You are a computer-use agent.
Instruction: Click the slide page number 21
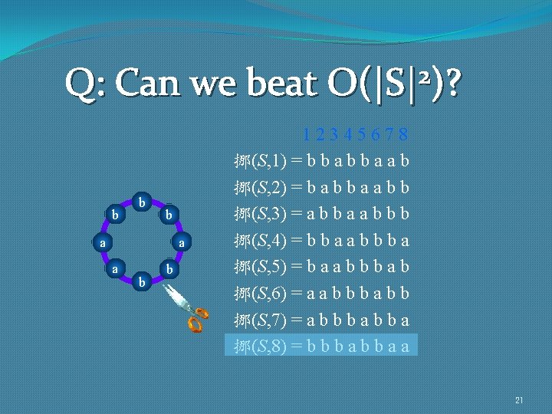tap(519, 400)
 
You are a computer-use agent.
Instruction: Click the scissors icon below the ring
tap(187, 307)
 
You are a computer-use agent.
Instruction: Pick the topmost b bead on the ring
tap(141, 202)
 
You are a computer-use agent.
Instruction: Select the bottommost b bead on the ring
tap(141, 282)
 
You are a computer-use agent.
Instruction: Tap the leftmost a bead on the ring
tap(102, 242)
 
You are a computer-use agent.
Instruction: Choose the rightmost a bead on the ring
tap(181, 242)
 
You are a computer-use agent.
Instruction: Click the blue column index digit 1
tap(307, 136)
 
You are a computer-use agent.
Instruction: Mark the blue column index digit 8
tap(403, 136)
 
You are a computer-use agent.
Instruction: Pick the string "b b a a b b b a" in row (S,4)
tap(357, 241)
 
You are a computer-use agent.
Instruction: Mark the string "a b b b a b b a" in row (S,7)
tap(357, 320)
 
